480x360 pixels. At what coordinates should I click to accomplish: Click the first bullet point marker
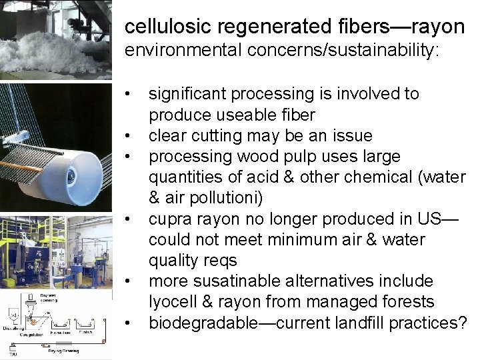point(135,94)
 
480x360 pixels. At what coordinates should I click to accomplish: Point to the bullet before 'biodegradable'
point(135,323)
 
